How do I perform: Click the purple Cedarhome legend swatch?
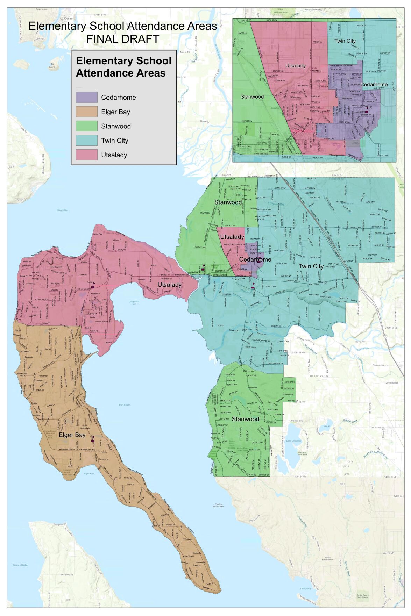click(86, 97)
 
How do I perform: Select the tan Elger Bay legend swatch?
click(86, 112)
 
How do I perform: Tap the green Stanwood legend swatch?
click(86, 126)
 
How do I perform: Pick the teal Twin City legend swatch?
click(86, 140)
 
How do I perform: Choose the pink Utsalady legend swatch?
click(86, 155)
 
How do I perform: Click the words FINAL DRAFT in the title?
click(123, 39)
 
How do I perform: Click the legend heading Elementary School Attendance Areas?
click(123, 67)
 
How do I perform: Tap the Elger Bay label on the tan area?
click(72, 435)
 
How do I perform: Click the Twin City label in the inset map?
click(345, 41)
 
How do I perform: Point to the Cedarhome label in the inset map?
click(374, 84)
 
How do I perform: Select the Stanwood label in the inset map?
click(252, 96)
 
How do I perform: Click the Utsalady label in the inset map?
click(296, 66)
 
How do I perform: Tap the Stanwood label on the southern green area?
click(245, 419)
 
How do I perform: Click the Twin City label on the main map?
click(311, 266)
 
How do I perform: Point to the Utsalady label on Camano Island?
click(169, 285)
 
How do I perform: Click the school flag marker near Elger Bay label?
click(93, 439)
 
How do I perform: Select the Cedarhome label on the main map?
click(255, 259)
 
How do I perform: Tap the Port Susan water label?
click(125, 405)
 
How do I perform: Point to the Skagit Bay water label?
click(63, 210)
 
